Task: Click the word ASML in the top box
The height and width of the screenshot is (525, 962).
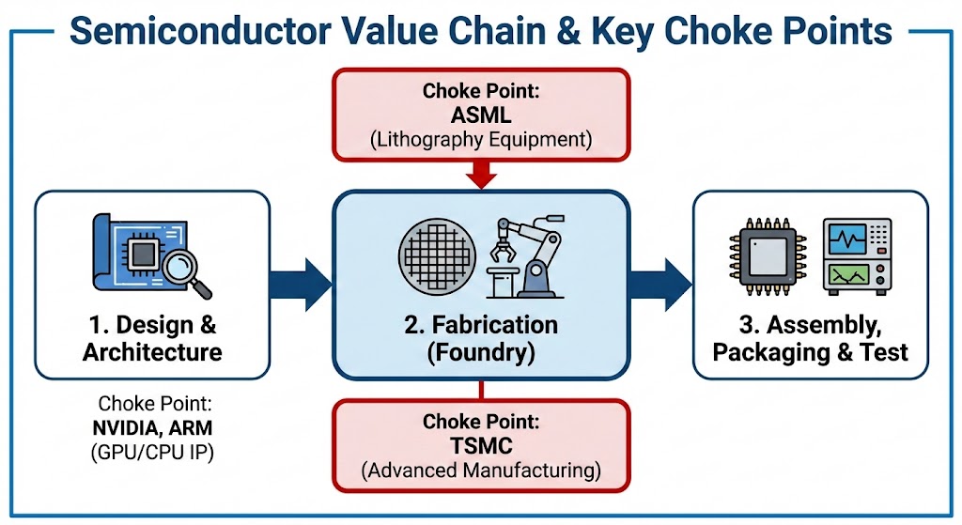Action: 480,116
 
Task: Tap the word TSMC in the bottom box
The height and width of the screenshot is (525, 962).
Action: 480,446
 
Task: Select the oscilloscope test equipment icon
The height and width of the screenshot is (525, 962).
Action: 858,255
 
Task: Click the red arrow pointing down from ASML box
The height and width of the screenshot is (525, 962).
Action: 480,173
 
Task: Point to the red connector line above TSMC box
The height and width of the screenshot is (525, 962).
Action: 480,389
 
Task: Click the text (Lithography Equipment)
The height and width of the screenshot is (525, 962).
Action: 480,140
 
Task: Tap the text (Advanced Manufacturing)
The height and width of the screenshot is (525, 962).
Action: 480,471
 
